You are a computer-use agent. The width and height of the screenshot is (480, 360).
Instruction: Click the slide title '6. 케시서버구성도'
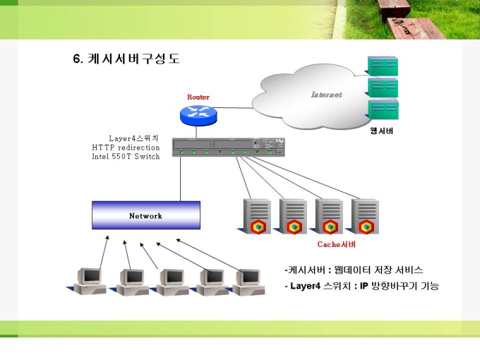(126, 59)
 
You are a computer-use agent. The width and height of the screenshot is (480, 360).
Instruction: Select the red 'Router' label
(198, 97)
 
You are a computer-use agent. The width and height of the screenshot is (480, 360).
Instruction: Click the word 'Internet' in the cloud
(326, 95)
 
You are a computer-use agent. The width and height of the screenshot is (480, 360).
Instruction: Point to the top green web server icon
(382, 66)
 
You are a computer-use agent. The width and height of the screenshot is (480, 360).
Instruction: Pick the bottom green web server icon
(382, 111)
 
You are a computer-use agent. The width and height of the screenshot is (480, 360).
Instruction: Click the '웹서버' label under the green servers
(382, 131)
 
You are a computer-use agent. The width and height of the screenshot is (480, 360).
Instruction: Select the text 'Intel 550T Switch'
(126, 157)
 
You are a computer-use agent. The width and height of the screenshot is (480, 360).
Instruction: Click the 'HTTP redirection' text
(126, 148)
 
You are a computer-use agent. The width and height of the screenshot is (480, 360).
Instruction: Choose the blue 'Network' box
(146, 215)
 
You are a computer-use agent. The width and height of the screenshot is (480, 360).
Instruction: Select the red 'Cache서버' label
(337, 244)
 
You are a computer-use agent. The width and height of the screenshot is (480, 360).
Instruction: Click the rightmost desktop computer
(247, 280)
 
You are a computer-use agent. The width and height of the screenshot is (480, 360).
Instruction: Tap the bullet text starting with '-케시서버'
(353, 270)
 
